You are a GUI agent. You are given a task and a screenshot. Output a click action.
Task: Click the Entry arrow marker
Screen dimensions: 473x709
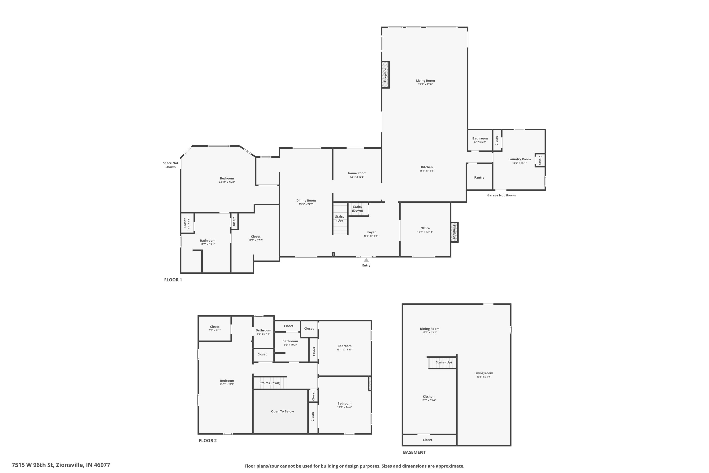(366, 260)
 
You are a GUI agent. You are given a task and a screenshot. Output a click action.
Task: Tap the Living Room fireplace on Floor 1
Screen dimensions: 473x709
(385, 75)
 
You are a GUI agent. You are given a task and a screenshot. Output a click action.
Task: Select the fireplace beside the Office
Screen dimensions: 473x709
(454, 232)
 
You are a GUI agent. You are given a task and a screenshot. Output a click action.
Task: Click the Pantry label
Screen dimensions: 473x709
(479, 177)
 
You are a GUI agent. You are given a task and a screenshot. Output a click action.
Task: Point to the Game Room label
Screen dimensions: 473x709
(357, 173)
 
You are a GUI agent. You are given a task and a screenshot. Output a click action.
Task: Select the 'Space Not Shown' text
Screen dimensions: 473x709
(170, 165)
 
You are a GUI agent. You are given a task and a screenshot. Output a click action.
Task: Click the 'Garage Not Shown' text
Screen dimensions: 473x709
(501, 195)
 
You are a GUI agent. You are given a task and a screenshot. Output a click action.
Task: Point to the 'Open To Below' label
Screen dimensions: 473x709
(282, 412)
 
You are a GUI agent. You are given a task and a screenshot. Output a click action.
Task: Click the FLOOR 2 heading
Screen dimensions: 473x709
(208, 440)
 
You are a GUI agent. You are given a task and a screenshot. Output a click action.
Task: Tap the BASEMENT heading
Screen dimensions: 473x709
(414, 452)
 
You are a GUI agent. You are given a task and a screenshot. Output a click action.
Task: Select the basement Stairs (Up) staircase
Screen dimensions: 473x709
(442, 362)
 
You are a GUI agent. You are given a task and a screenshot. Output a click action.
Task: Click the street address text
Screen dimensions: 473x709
(61, 465)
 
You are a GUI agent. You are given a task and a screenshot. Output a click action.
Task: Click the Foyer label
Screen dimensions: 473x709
(371, 232)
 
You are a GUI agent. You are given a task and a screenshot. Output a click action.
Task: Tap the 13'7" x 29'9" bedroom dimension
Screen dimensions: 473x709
(227, 384)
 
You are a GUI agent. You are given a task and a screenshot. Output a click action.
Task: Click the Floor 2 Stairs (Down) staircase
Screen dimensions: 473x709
(270, 383)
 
